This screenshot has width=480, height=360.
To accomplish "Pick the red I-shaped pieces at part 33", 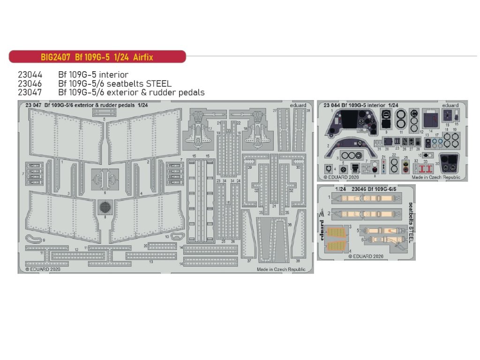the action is (425, 168).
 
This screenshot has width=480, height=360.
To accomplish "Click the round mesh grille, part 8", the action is (105, 206).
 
